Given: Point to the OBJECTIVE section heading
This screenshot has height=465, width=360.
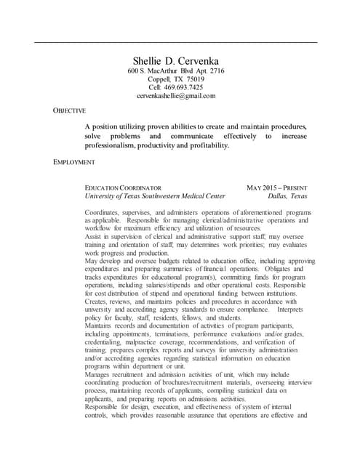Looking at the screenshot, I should coord(70,110).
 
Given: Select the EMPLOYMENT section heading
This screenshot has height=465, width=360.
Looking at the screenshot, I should coord(75,161).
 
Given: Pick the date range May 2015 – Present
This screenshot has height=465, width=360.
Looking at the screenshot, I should coord(277,187).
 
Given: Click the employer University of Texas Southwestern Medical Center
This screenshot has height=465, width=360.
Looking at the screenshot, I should coord(155,196).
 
